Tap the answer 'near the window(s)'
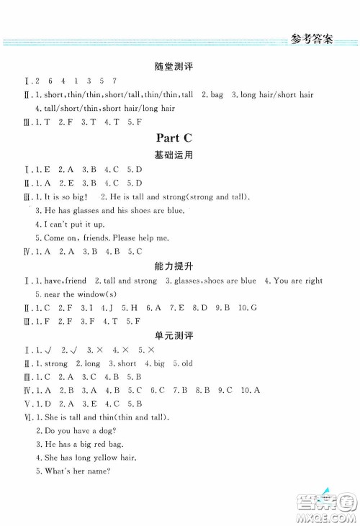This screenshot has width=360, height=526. (71, 294)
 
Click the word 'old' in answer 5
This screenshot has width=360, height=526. (186, 363)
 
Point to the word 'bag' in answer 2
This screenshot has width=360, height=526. (216, 94)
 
